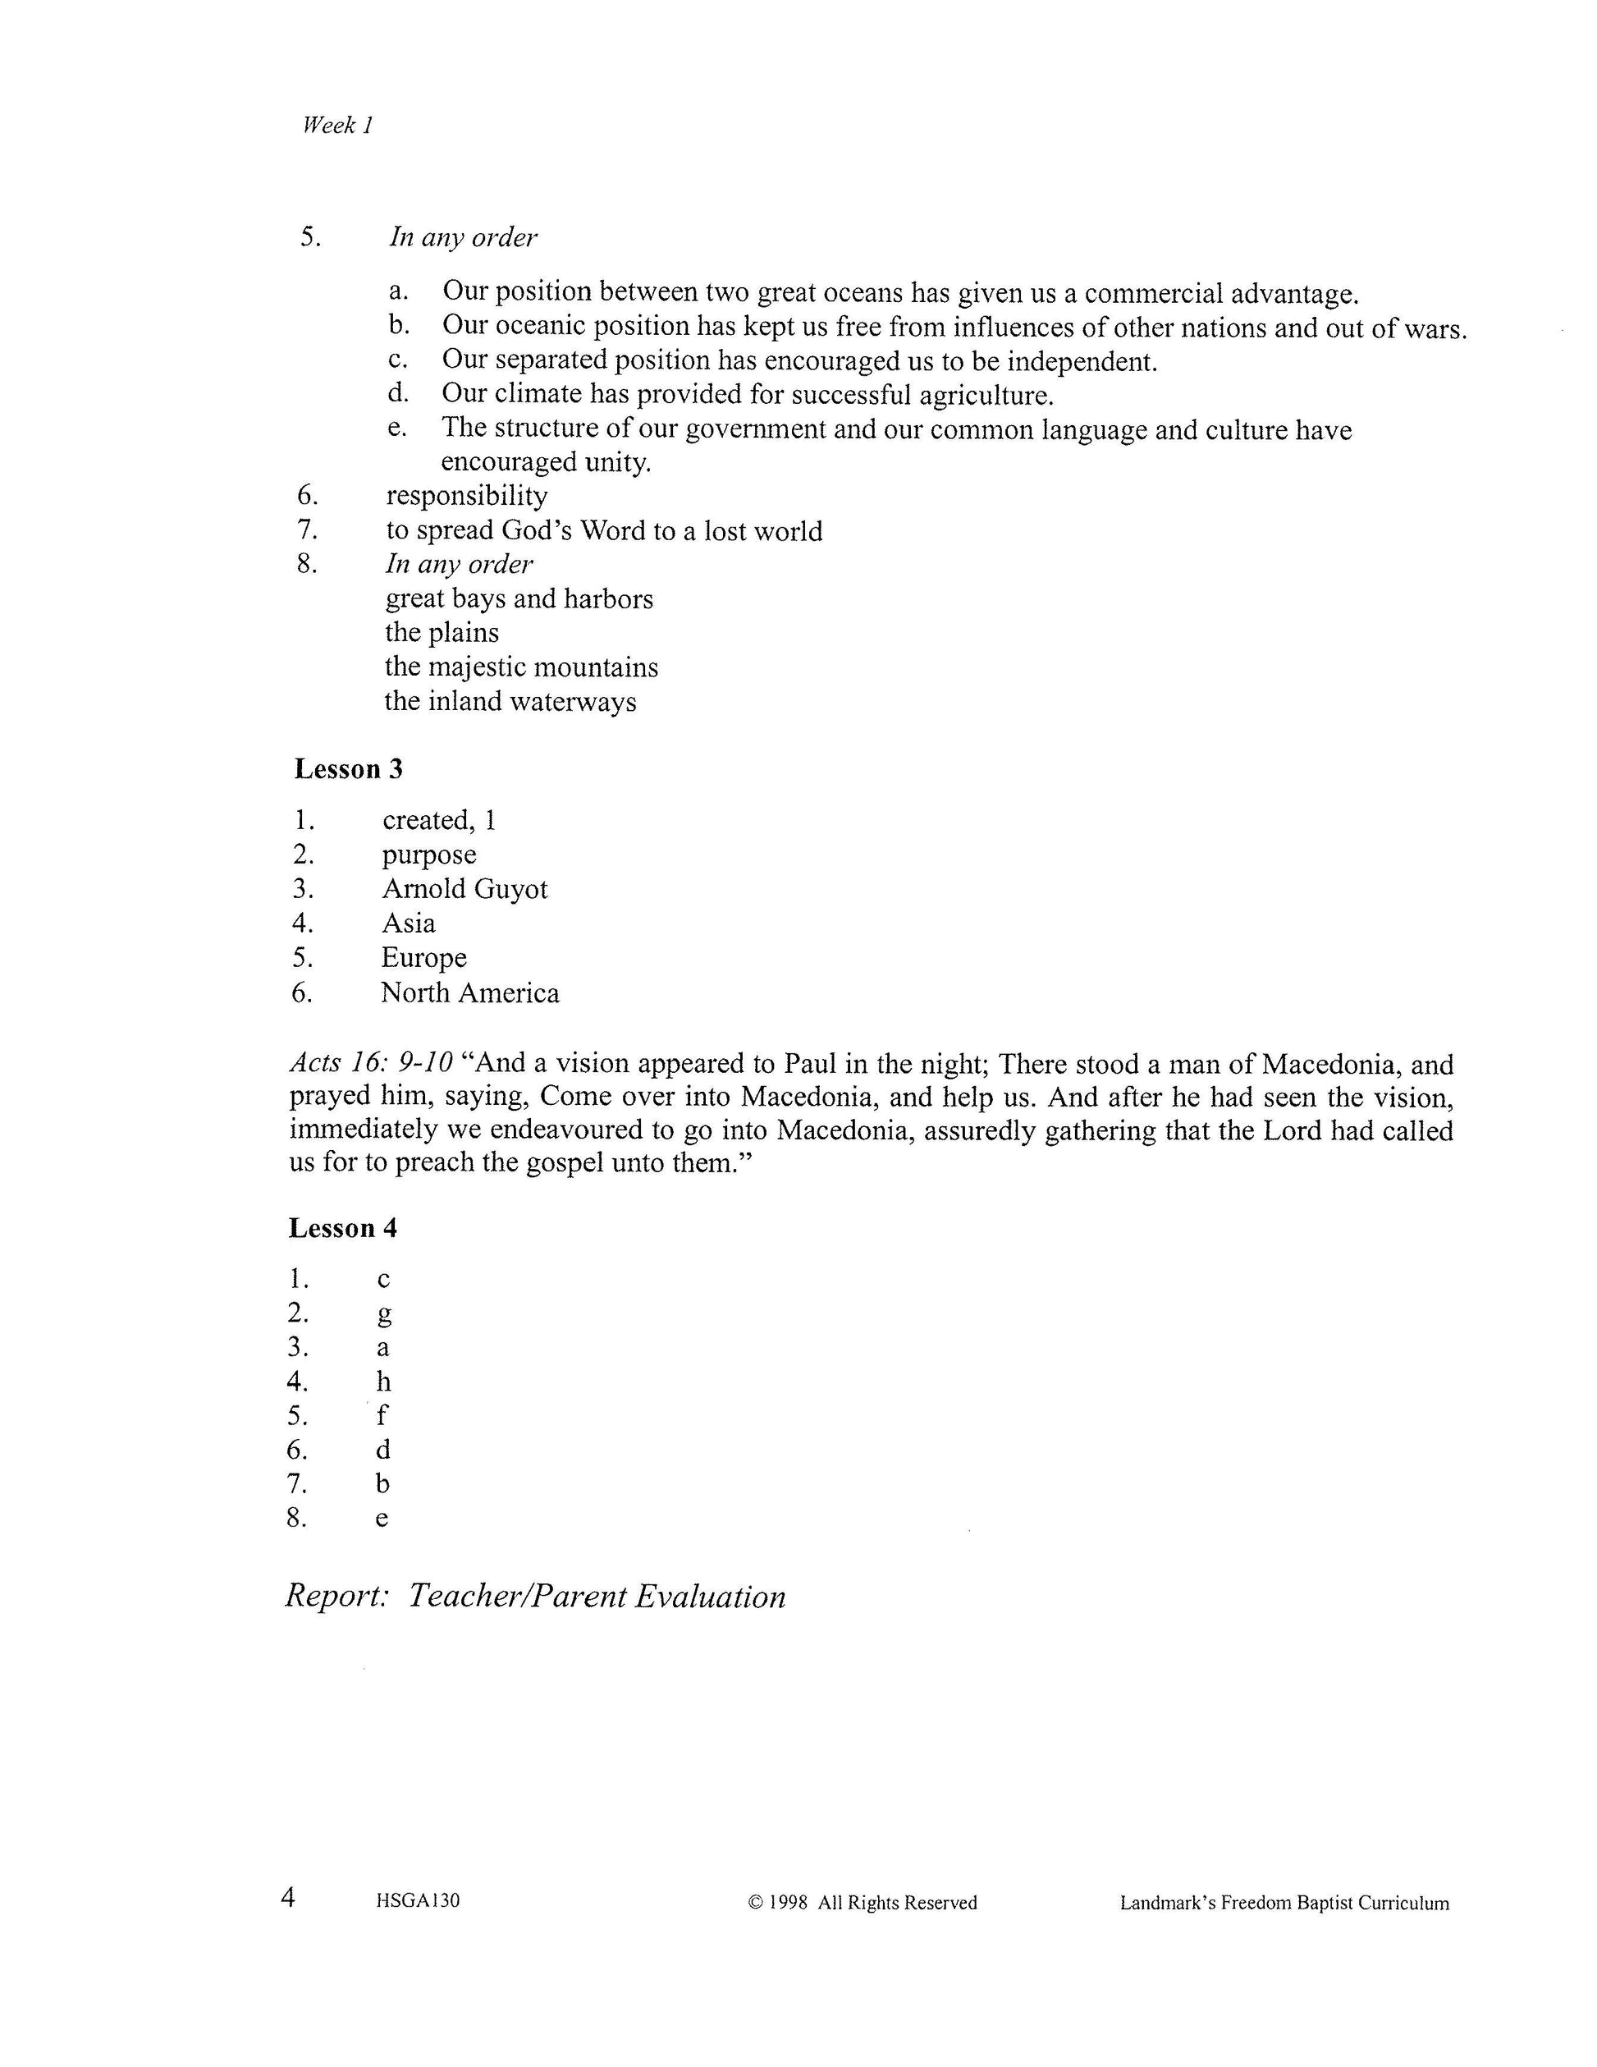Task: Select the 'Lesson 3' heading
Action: pos(348,769)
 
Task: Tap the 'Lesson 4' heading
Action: pos(342,1229)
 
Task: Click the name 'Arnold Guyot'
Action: pos(464,889)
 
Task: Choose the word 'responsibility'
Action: pos(466,496)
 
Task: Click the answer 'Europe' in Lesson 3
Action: pos(423,958)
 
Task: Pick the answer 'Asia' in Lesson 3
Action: pos(409,923)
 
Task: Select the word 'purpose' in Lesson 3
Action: pos(428,855)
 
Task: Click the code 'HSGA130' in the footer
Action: pos(417,1900)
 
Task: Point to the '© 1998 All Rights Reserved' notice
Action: pos(862,1902)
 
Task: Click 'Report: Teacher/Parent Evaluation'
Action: pos(536,1597)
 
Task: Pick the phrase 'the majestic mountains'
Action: pos(521,667)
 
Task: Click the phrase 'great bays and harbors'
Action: pos(519,599)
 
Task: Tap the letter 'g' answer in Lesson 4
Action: pos(384,1313)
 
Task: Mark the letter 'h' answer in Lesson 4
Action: pos(384,1382)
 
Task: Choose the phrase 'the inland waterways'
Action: pos(510,701)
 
